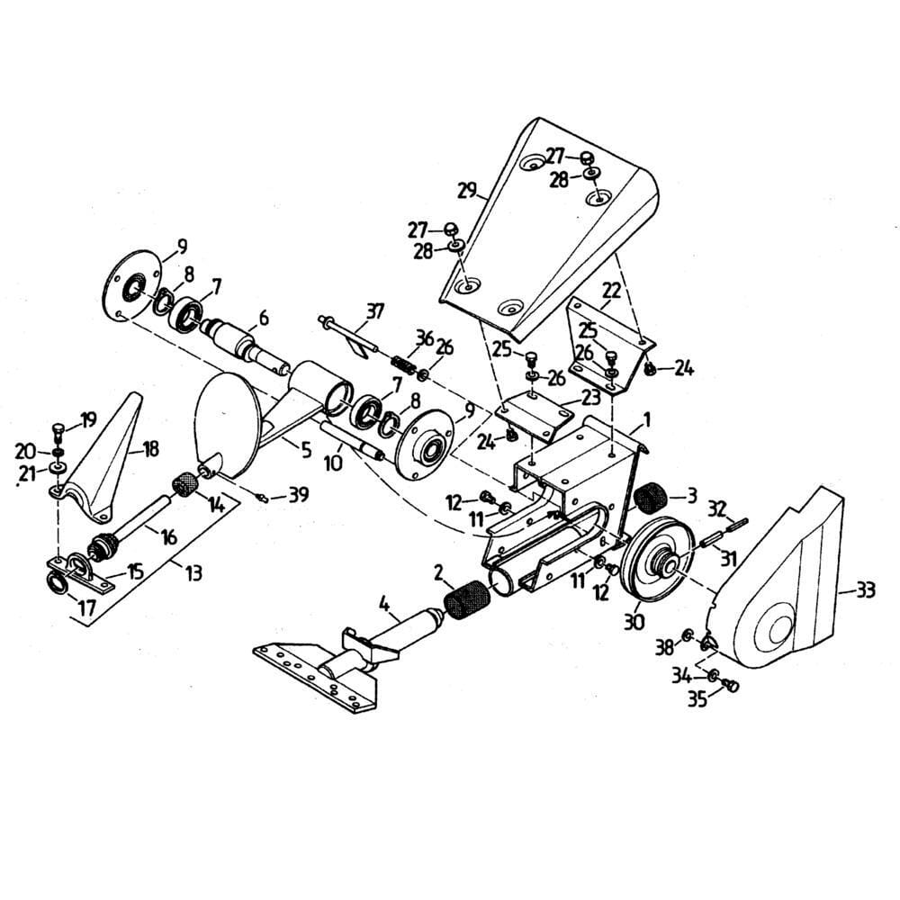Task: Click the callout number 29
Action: pyautogui.click(x=466, y=190)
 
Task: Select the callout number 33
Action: pyautogui.click(x=866, y=590)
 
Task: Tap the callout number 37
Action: pyautogui.click(x=374, y=311)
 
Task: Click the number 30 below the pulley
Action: pyautogui.click(x=635, y=620)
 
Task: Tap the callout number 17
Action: pyautogui.click(x=86, y=609)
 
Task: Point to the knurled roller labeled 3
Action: pyautogui.click(x=654, y=497)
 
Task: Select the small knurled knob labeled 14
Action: pyautogui.click(x=185, y=483)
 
